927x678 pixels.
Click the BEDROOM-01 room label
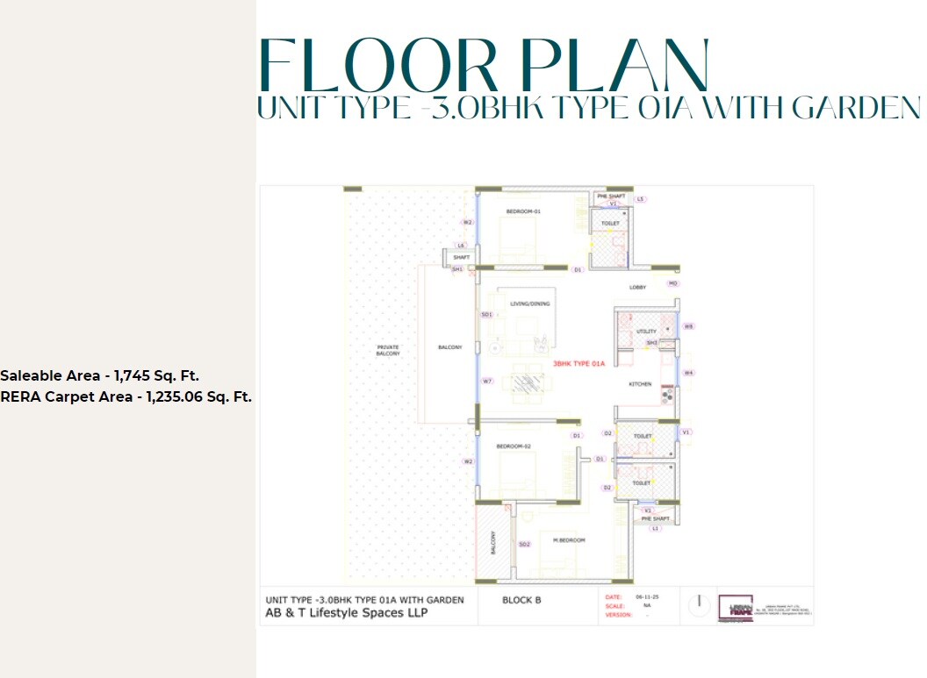tap(523, 211)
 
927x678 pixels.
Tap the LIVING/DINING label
tap(530, 304)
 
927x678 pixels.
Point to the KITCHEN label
tap(640, 384)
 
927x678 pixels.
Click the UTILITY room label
tap(646, 332)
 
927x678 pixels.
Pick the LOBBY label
tap(638, 287)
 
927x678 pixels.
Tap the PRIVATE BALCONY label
tap(388, 350)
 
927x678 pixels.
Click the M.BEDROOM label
tap(570, 539)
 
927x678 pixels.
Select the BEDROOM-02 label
tap(514, 446)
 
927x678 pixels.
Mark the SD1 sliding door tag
tap(486, 314)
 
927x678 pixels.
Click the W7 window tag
tap(487, 382)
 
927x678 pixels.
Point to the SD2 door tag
tap(524, 545)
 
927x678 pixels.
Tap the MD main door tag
tap(673, 284)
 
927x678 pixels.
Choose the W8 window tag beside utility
tap(689, 326)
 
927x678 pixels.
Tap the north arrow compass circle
tap(699, 604)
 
